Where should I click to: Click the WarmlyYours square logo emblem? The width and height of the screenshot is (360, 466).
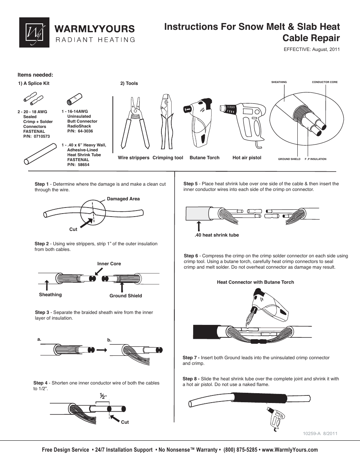[34, 32]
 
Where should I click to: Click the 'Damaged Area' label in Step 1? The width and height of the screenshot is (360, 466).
[123, 199]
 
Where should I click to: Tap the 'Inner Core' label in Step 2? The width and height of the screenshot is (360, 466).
[109, 264]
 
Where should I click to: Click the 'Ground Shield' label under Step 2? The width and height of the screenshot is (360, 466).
[126, 296]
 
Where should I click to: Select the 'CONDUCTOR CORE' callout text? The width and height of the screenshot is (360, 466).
[325, 82]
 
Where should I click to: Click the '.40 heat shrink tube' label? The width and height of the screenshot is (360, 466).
[217, 235]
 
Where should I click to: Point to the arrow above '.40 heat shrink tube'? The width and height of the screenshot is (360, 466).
[199, 226]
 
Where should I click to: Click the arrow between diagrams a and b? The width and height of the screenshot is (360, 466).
[102, 350]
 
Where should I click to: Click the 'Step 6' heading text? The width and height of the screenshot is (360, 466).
[191, 256]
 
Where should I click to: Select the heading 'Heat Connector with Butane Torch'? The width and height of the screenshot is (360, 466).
[255, 282]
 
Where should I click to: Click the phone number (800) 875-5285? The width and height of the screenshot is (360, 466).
[240, 450]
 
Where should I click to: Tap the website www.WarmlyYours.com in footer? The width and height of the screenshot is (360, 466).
[290, 450]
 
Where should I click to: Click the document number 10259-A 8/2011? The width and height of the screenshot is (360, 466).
[320, 434]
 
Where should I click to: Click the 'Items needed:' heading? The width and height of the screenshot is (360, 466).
[35, 75]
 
